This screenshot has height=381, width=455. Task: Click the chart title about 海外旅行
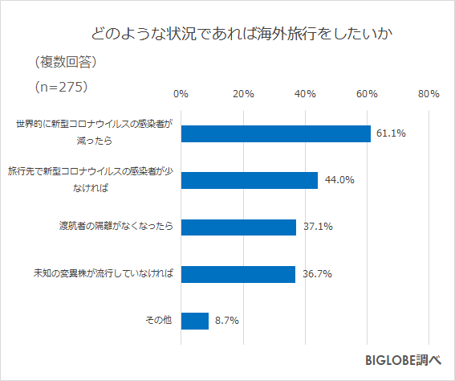(243, 35)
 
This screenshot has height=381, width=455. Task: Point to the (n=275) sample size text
(61, 85)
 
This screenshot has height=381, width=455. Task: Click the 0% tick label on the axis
(181, 94)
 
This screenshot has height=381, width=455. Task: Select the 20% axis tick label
(243, 94)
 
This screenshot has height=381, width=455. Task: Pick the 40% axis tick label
(305, 94)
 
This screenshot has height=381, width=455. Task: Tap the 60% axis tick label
(368, 94)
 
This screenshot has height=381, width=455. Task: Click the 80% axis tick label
(429, 94)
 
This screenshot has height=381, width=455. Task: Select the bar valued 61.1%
(275, 133)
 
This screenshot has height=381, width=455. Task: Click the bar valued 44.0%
(249, 180)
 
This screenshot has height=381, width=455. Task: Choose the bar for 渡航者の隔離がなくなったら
(238, 227)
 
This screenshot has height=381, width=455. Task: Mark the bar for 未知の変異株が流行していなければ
(238, 274)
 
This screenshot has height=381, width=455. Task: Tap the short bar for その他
(194, 321)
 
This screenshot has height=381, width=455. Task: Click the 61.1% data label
(389, 133)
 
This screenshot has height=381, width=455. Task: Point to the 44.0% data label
(339, 180)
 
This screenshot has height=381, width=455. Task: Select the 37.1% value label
(318, 227)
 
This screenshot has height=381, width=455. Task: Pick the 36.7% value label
(317, 274)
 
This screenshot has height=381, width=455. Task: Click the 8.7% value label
(226, 321)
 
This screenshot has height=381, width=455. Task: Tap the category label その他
(159, 321)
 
